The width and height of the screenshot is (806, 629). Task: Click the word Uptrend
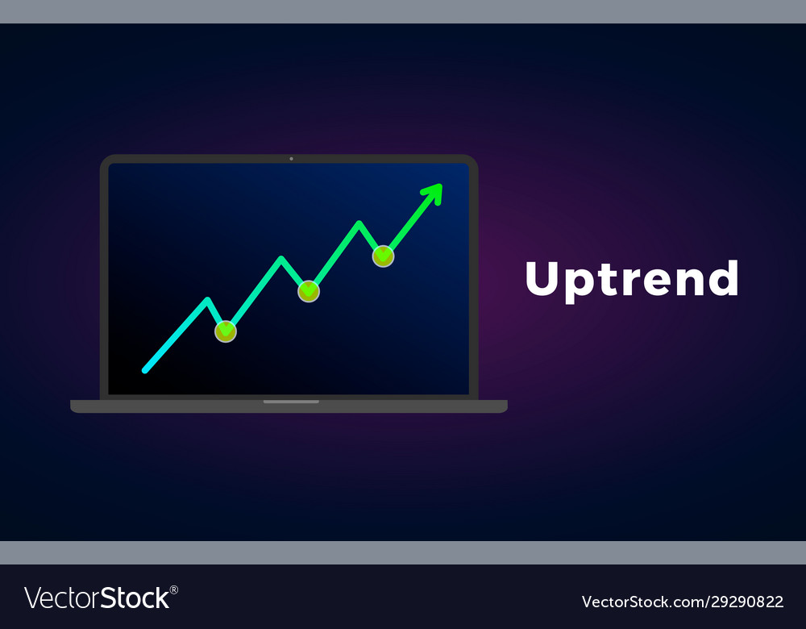tap(632, 279)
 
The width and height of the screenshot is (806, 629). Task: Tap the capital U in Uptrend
tap(543, 278)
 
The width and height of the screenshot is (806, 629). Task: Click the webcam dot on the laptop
tap(291, 159)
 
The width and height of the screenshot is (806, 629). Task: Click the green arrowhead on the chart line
tap(434, 193)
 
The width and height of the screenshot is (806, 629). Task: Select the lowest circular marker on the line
tap(226, 331)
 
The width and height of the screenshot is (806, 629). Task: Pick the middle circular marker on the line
tap(309, 291)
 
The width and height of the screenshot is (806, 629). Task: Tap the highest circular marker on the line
tap(383, 256)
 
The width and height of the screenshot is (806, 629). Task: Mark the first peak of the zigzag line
tap(208, 300)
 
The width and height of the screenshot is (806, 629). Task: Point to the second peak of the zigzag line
tap(281, 259)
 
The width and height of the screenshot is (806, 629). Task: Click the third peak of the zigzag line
tap(359, 223)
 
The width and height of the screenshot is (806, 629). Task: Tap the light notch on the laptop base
tap(291, 402)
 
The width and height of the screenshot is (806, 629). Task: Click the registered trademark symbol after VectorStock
tap(174, 590)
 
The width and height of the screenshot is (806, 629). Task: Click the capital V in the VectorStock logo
tap(33, 598)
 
